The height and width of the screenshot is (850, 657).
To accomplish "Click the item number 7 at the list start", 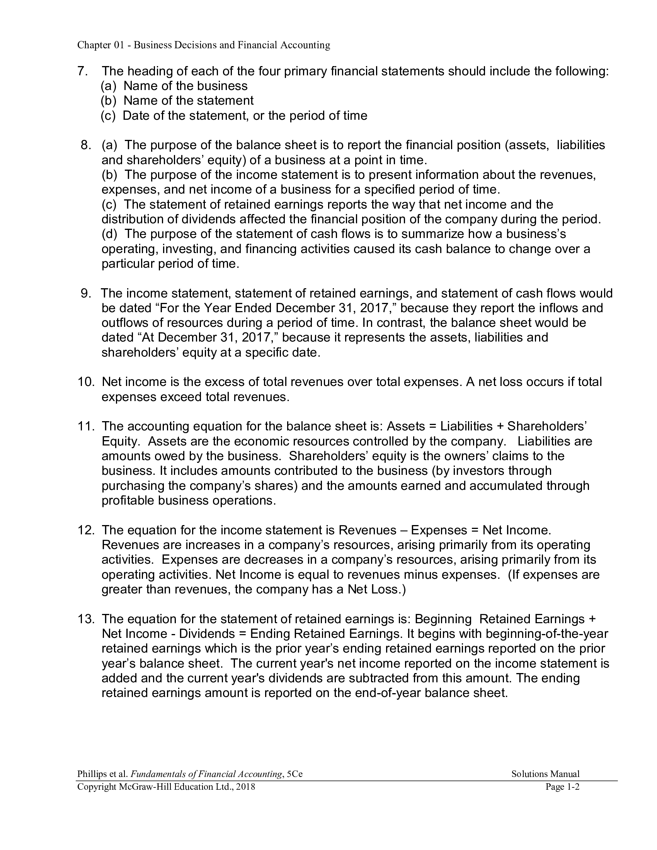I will [82, 71].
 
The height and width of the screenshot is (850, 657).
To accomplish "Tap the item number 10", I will [86, 382].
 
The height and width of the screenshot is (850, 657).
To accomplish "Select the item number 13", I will [86, 619].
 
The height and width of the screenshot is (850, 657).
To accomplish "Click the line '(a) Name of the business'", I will [174, 86].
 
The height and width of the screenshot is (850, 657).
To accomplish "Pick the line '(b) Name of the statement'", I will [177, 101].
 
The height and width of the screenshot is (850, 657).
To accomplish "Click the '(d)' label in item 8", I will [109, 234].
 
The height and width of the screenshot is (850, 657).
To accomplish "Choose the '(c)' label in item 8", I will [109, 205].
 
